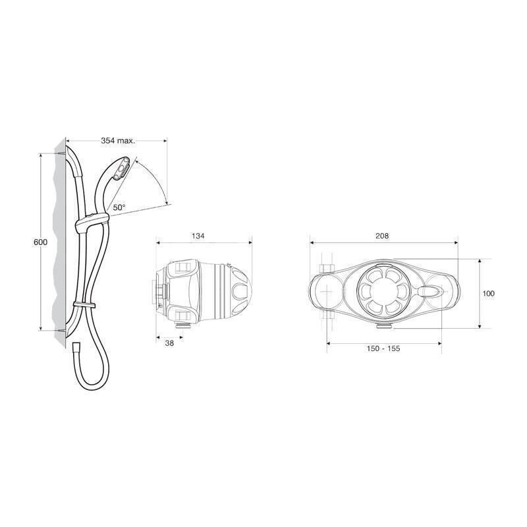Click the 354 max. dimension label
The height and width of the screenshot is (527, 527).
point(118,141)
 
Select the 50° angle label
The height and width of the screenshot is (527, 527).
point(119,207)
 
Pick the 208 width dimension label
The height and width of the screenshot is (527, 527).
point(382,235)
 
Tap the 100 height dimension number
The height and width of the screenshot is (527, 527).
point(488,293)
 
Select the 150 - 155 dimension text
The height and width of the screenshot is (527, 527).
point(383,348)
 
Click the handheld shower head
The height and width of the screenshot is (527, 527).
point(119,170)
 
